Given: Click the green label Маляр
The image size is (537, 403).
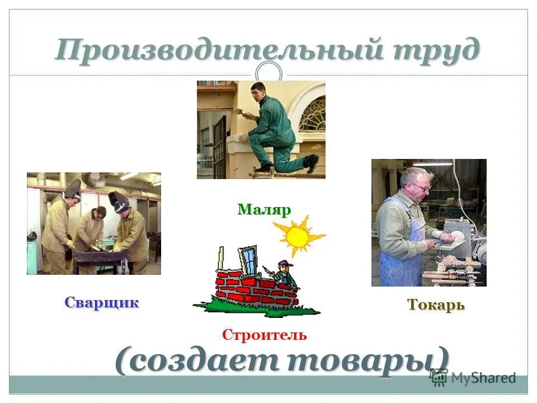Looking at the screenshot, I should [x=265, y=210].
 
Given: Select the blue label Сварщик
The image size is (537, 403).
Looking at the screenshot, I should [x=101, y=303].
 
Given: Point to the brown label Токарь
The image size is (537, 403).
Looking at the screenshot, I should [x=436, y=305].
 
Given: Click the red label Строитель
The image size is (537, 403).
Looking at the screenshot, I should [x=264, y=335].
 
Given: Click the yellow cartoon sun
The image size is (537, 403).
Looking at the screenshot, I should [x=298, y=237].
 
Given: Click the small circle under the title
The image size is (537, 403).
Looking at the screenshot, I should [x=268, y=73].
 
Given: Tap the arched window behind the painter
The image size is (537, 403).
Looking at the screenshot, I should [x=312, y=115].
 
